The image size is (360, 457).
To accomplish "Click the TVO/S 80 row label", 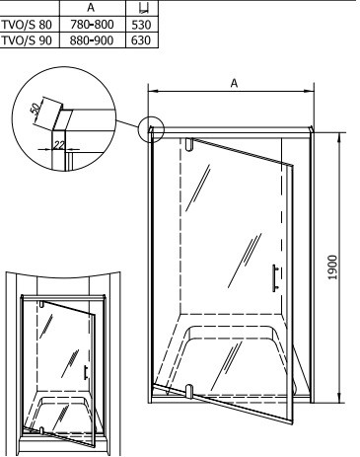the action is click(27, 25).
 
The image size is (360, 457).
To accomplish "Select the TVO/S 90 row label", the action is click(27, 40).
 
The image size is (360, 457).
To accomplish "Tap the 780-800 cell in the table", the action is click(92, 25).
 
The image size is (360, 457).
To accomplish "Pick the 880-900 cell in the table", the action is click(92, 40).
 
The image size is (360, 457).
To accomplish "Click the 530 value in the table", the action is click(141, 25).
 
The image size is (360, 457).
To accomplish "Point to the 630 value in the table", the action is click(141, 40).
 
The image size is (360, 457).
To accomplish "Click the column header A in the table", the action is click(91, 8).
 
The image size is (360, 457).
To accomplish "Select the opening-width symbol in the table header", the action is click(143, 8).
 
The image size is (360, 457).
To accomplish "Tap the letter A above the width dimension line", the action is click(234, 83).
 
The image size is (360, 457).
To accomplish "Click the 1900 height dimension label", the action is click(332, 267).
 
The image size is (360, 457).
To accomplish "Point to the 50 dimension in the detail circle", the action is click(36, 108).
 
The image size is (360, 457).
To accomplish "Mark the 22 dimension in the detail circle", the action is click(59, 145).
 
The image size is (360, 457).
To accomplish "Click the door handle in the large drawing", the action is click(275, 278).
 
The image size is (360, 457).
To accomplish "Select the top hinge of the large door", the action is click(188, 145).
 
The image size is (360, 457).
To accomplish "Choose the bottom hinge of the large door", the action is click(189, 391).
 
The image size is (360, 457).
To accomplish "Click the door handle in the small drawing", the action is click(86, 372).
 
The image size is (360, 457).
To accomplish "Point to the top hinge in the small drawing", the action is click(41, 304).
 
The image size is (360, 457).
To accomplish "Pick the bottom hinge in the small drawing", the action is click(41, 430).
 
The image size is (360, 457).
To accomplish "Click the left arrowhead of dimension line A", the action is click(151, 91).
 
